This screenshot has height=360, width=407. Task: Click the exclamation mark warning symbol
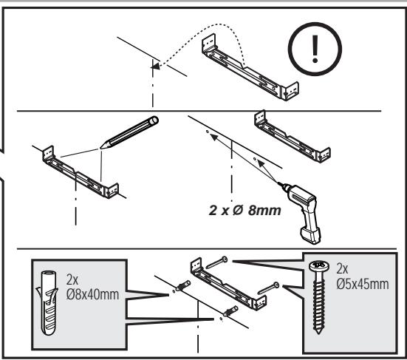coord(315,49)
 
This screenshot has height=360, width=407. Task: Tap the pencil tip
coord(100,148)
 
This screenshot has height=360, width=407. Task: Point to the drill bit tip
coord(278,183)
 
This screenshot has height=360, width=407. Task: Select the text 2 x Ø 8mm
coord(244,210)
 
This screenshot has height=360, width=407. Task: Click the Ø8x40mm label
coord(92,294)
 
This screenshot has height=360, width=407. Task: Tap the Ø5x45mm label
coord(363,284)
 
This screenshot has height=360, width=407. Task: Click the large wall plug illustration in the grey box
coord(48,302)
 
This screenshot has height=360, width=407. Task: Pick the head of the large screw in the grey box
coord(319,265)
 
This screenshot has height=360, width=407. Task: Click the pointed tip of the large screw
coord(318,333)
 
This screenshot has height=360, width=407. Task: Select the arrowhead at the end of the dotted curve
coord(154,67)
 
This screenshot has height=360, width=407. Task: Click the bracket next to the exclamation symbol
coord(250,67)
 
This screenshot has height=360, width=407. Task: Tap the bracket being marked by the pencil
coord(81,172)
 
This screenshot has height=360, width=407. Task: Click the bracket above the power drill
coord(292,137)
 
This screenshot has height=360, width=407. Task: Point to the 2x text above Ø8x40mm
coord(72,279)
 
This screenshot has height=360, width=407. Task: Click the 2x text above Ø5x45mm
coord(342,268)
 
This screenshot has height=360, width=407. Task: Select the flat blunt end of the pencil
coord(154,120)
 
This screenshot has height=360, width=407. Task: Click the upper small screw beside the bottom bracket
coord(216,263)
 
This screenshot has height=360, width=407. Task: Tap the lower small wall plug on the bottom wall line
coord(230,311)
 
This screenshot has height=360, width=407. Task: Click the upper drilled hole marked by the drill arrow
coord(207,132)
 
